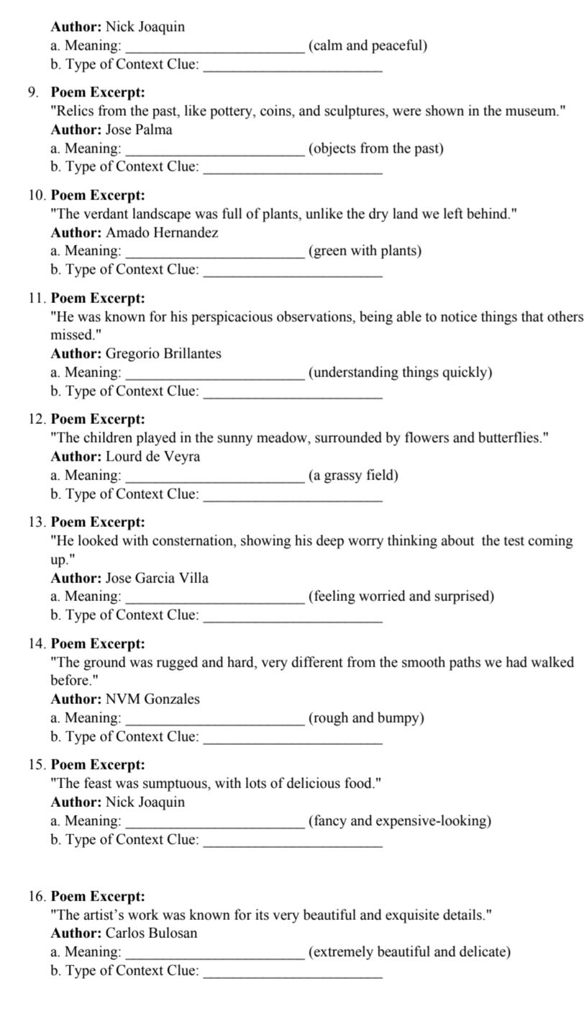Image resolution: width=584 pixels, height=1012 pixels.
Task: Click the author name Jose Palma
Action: click(x=139, y=130)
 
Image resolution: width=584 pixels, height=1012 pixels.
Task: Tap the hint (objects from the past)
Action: click(x=376, y=148)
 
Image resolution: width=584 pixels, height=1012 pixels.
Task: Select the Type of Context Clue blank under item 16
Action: click(x=293, y=971)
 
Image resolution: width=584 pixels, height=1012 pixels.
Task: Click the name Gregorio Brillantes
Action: click(x=163, y=353)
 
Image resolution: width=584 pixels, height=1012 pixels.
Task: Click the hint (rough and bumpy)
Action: click(x=366, y=718)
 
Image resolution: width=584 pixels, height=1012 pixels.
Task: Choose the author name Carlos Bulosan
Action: click(x=151, y=933)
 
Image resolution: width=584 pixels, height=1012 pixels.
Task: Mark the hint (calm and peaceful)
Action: click(x=368, y=45)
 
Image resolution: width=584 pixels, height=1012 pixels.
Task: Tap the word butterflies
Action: click(x=509, y=438)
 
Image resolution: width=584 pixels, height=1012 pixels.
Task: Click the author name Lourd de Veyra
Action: click(x=152, y=456)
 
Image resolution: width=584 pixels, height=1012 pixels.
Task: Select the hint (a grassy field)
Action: click(x=353, y=475)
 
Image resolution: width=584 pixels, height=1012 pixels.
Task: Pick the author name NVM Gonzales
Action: click(x=152, y=699)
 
